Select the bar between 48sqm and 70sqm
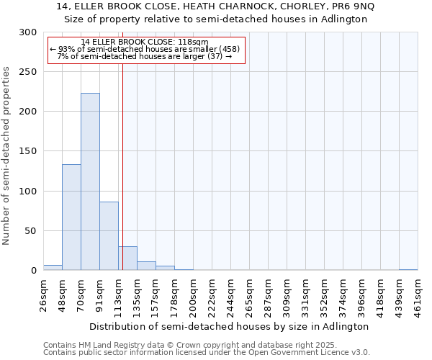pyautogui.click(x=71, y=217)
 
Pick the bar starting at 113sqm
pyautogui.click(x=127, y=258)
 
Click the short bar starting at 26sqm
pyautogui.click(x=53, y=268)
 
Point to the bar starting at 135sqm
pyautogui.click(x=146, y=266)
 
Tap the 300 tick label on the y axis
pyautogui.click(x=28, y=32)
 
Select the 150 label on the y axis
pyautogui.click(x=28, y=151)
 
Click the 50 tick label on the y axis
pyautogui.click(x=31, y=231)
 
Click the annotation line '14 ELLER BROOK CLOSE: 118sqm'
pyautogui.click(x=145, y=42)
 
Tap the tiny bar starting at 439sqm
pyautogui.click(x=408, y=269)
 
